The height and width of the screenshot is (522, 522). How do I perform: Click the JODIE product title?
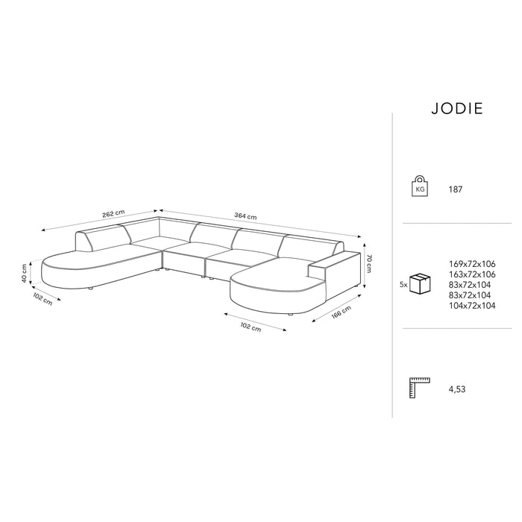coord(457,108)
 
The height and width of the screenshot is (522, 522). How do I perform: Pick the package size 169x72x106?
coord(473,263)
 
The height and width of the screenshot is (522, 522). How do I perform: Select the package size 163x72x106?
coord(473,274)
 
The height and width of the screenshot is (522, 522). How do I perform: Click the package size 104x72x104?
coord(473,306)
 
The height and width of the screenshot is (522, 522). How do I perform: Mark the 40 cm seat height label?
coord(24,273)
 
